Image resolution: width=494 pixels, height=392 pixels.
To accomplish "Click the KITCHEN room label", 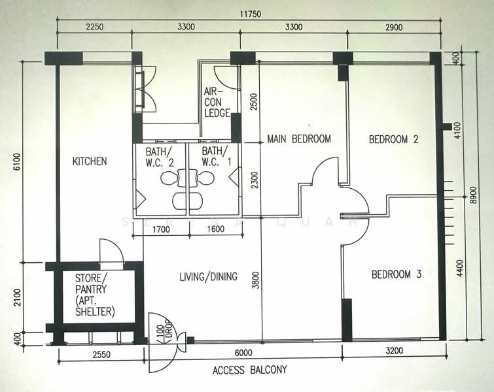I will (90, 161).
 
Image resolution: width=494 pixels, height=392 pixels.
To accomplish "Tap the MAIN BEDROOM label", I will (298, 139).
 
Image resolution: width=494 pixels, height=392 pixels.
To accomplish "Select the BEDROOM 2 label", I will (393, 139).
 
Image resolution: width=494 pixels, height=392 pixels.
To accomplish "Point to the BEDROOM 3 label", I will (396, 275).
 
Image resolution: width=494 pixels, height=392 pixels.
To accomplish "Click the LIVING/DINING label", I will (207, 276).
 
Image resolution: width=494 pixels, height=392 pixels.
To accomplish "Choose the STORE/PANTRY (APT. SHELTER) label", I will (95, 295).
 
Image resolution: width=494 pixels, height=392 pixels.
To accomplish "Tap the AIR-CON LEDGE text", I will (217, 102).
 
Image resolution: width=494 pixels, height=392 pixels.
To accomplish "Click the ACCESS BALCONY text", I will (249, 370).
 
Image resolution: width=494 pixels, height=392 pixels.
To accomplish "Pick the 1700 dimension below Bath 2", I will (162, 229).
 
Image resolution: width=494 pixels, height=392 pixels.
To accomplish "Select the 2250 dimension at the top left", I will (94, 27).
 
